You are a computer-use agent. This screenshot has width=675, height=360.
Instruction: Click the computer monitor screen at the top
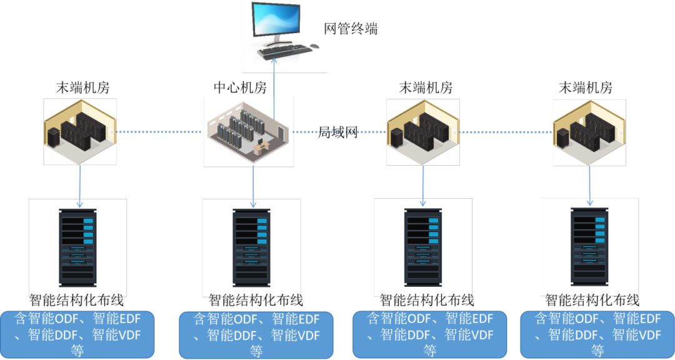(x=274, y=21)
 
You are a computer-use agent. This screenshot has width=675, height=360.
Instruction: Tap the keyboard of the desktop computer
(x=284, y=50)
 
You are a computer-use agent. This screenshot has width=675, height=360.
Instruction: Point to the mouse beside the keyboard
(x=314, y=46)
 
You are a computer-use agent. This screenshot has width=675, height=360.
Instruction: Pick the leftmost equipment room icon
(x=80, y=131)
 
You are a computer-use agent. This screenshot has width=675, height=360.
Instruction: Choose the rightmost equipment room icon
(x=589, y=132)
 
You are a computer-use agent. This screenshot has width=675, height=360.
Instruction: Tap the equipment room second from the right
(x=423, y=132)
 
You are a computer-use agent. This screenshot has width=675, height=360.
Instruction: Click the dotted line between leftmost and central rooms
(x=160, y=132)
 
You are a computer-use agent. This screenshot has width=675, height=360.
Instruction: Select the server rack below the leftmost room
(x=77, y=245)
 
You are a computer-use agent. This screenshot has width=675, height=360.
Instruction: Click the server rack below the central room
(x=251, y=245)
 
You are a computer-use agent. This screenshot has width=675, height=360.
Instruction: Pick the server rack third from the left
(x=422, y=244)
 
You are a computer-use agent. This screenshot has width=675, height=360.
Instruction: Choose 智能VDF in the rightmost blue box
(x=636, y=335)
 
